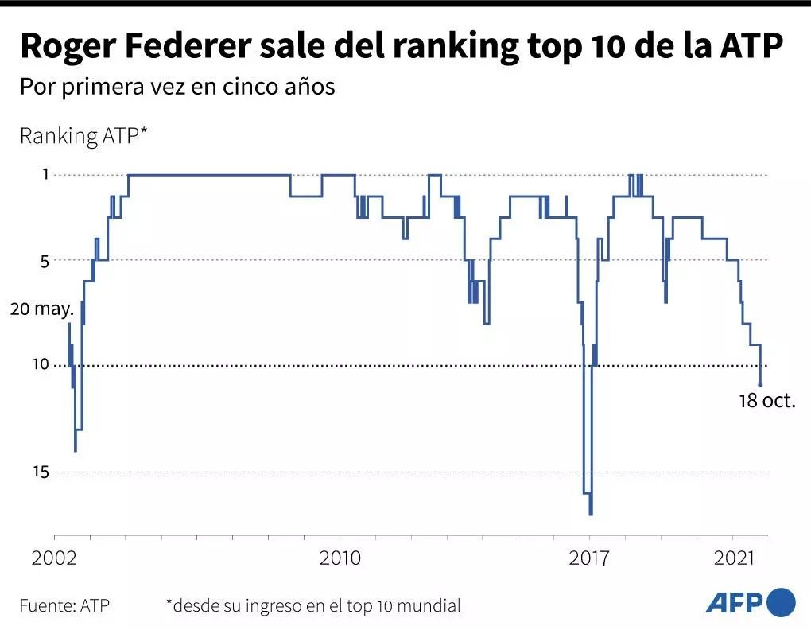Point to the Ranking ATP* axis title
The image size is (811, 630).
pos(83,136)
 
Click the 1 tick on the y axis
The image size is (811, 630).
pos(45,175)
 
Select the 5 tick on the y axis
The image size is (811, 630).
pos(45,261)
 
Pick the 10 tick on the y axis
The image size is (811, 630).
pos(40,365)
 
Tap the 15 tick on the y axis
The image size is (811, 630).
pos(40,472)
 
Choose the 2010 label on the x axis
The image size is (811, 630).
pos(340,558)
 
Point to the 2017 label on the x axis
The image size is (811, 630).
pos(590,558)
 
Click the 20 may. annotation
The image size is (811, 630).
pos(41,309)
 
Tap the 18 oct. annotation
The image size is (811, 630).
pos(767,402)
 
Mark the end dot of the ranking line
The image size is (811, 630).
pos(761,385)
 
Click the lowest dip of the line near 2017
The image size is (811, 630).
pos(591,514)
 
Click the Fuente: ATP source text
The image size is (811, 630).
pos(64,605)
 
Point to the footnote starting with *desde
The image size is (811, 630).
pos(313,605)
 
